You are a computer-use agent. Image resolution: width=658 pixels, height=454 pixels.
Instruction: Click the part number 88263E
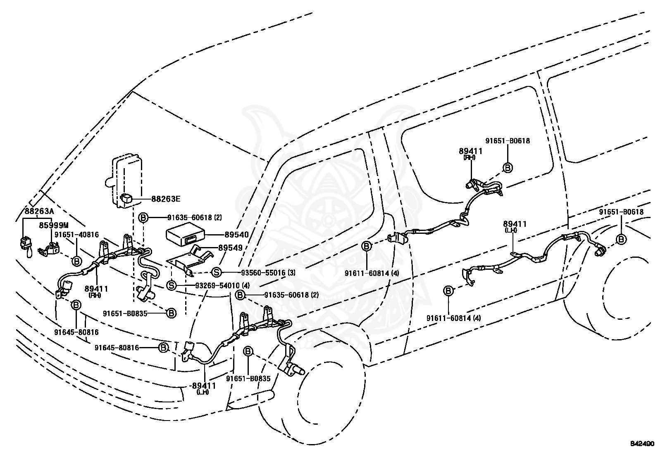[166, 199]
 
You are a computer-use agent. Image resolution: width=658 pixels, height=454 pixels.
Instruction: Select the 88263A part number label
[39, 211]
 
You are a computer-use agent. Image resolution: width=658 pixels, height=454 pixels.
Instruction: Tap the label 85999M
[54, 225]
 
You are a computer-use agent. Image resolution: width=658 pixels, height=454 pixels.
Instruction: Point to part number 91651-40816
[76, 235]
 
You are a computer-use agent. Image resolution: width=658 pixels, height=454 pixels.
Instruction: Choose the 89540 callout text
[237, 235]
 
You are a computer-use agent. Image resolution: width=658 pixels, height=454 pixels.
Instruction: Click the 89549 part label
[231, 248]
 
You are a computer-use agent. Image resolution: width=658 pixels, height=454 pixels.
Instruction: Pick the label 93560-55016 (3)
[268, 273]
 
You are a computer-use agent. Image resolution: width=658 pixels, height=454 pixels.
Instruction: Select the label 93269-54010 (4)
[222, 285]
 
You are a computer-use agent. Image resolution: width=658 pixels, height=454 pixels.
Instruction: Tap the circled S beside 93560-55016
[217, 273]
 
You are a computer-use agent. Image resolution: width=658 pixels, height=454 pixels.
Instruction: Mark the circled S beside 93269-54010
[171, 285]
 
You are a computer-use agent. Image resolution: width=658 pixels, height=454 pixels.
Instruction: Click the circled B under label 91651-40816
[76, 261]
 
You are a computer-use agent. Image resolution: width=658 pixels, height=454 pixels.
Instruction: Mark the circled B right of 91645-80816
[163, 348]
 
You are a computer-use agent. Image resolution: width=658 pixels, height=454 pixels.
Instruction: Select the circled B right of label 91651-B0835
[171, 313]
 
